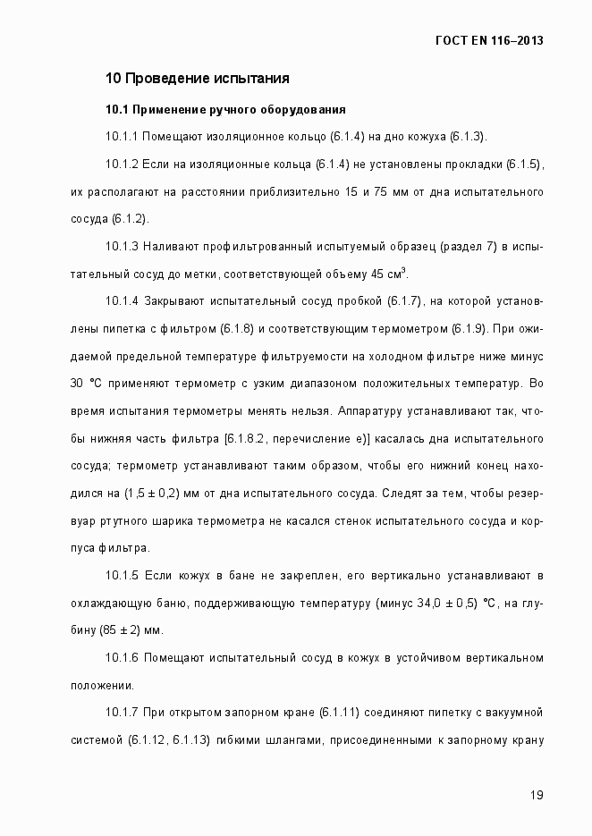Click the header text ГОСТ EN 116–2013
(489, 40)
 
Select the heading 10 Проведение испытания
(197, 78)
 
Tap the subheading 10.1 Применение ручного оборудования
(225, 110)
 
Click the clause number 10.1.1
(123, 136)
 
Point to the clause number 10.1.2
(123, 165)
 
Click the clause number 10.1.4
(123, 300)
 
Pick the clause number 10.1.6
(123, 658)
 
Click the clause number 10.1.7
(123, 713)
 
